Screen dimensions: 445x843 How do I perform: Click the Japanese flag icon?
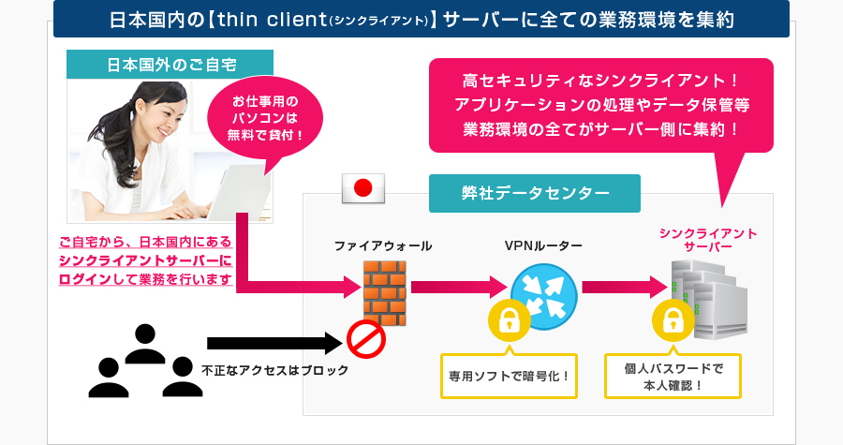[x=363, y=188]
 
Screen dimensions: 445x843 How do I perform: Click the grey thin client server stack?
[x=709, y=298]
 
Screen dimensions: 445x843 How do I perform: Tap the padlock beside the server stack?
[x=672, y=321]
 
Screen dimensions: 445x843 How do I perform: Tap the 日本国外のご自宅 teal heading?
[x=170, y=66]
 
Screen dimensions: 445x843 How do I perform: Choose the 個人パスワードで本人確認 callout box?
[x=673, y=377]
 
